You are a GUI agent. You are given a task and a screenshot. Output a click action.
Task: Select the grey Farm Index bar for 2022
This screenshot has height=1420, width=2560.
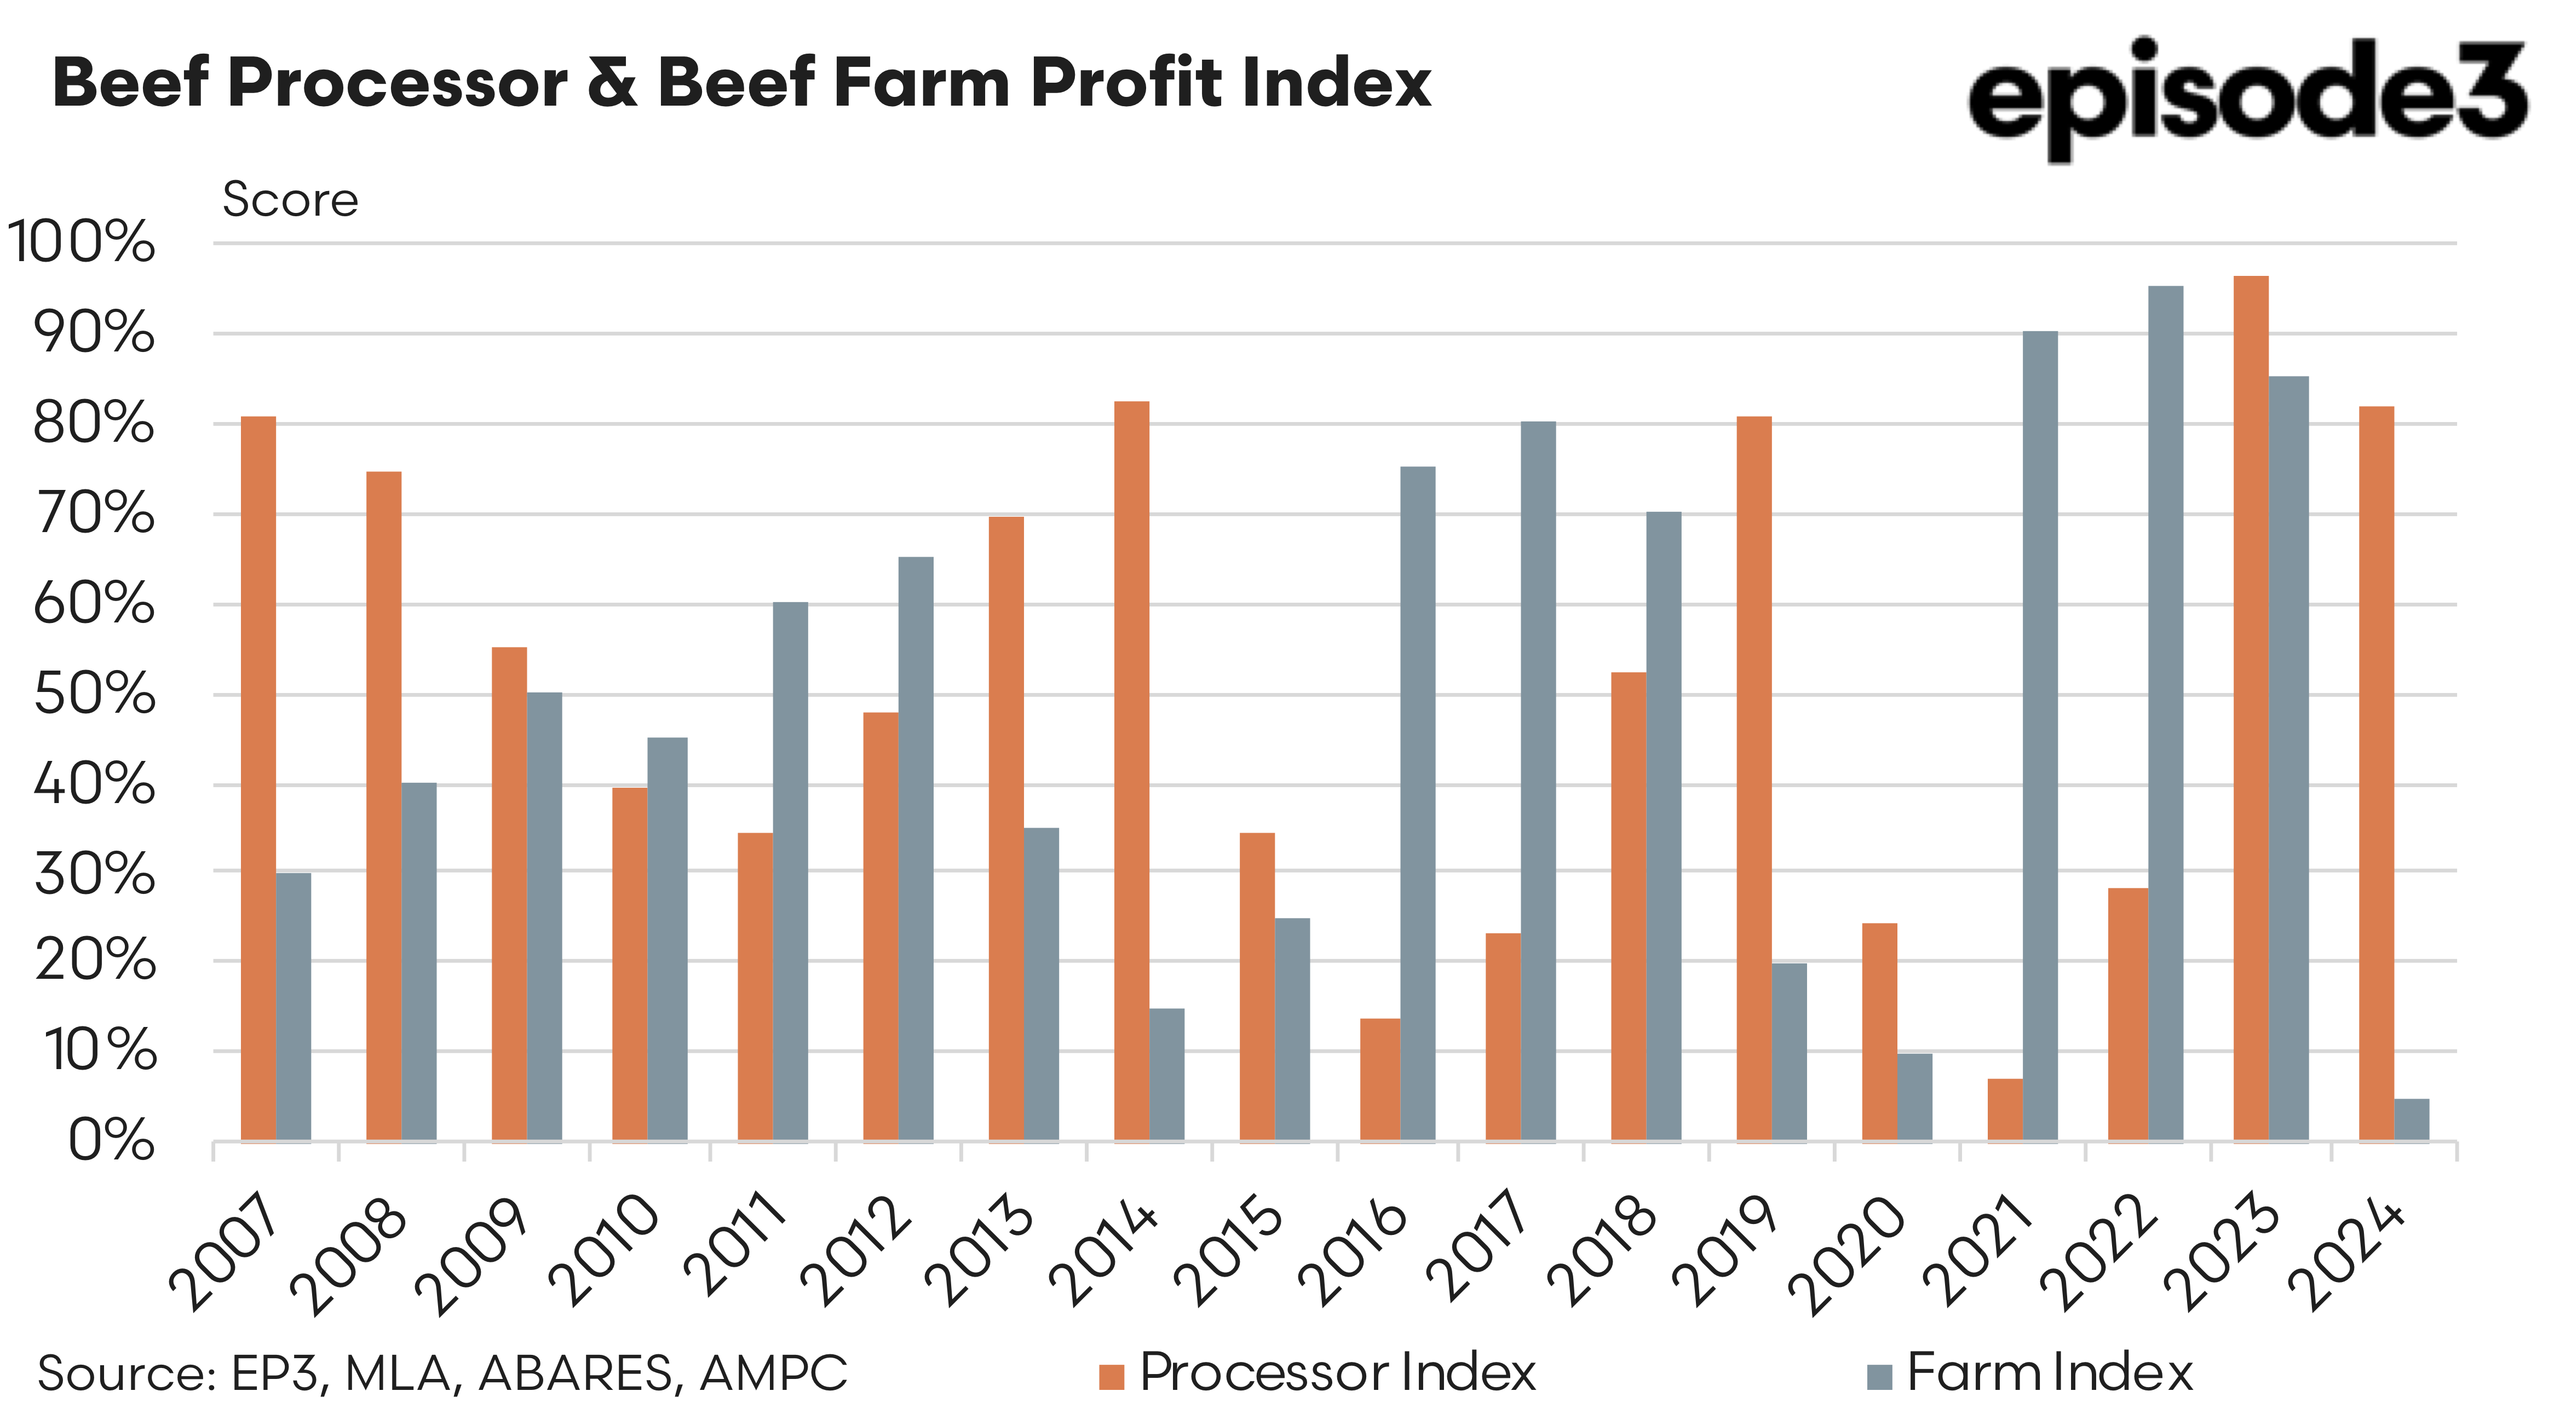pos(2166,713)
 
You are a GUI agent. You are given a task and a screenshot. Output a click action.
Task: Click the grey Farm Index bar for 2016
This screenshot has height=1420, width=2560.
pos(1417,803)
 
